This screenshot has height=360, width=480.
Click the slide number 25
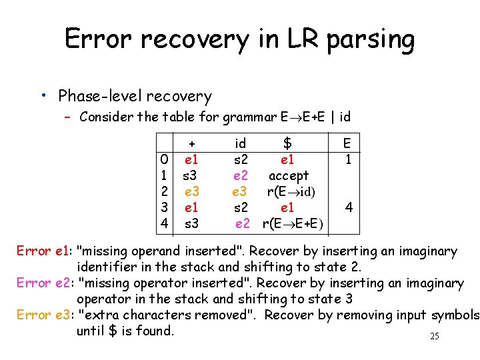pos(434,336)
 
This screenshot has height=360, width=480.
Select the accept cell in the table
pos(289,175)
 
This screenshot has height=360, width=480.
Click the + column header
pos(192,143)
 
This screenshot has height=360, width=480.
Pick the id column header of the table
pos(241,143)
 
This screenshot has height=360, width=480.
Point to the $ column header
pos(288,143)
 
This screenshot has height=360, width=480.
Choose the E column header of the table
pos(347,143)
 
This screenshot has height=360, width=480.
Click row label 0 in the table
pos(164,160)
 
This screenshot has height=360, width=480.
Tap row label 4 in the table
pos(164,223)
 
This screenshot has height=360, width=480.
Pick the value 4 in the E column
pos(347,207)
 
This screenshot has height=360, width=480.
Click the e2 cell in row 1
pos(241,175)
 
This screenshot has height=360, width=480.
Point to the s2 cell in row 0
pos(241,160)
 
